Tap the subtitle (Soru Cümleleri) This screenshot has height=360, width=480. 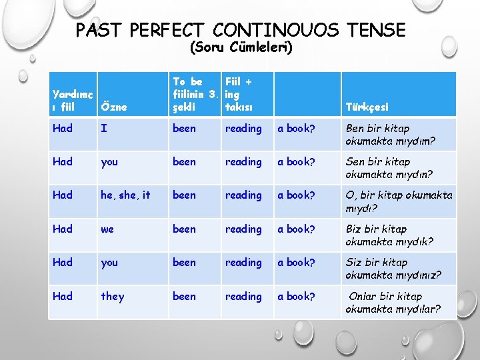click(x=241, y=47)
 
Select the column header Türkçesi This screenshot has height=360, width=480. click(x=367, y=107)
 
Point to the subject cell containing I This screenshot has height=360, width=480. click(x=103, y=129)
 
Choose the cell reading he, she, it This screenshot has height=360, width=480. click(x=125, y=195)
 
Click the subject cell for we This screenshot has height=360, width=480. click(x=107, y=229)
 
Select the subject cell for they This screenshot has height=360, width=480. click(x=112, y=296)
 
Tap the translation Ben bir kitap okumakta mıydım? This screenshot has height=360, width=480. click(x=390, y=135)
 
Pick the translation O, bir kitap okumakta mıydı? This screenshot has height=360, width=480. click(x=398, y=201)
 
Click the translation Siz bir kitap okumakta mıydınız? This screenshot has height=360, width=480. click(x=393, y=269)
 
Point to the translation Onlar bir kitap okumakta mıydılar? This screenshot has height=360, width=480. click(x=393, y=302)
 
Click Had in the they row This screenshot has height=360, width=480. click(x=62, y=296)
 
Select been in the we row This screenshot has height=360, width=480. click(x=184, y=229)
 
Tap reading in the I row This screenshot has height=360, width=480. click(x=243, y=129)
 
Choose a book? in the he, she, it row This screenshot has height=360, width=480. click(x=296, y=195)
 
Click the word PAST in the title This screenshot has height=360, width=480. click(x=99, y=30)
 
